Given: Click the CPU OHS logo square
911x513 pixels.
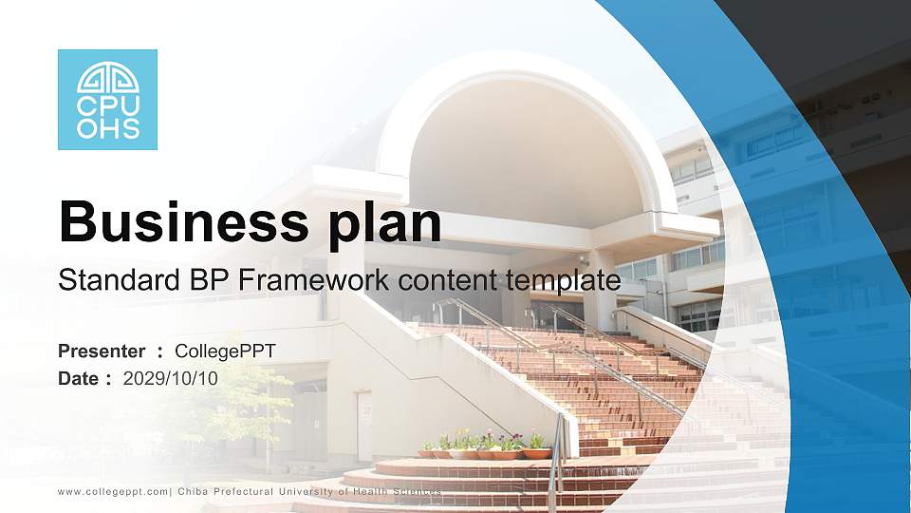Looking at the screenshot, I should pyautogui.click(x=107, y=100).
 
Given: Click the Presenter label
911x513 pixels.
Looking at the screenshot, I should pyautogui.click(x=102, y=351).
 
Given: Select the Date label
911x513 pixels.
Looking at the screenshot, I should pyautogui.click(x=79, y=378).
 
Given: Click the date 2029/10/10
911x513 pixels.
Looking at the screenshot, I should pyautogui.click(x=171, y=378).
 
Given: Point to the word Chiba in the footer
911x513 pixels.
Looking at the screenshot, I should pyautogui.click(x=194, y=491).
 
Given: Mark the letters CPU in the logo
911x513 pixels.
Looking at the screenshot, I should pyautogui.click(x=107, y=106).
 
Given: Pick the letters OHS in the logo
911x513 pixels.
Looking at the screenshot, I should pyautogui.click(x=107, y=128).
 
